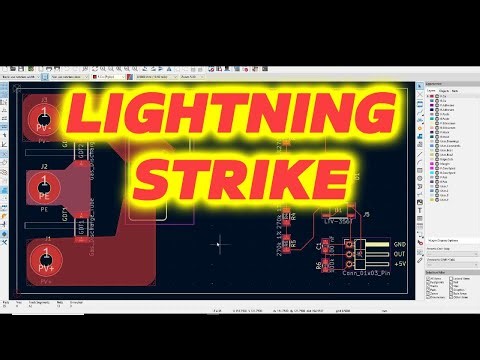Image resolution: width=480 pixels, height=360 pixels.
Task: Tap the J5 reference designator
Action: (x=366, y=214)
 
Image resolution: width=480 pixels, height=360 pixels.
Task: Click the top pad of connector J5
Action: (x=349, y=244)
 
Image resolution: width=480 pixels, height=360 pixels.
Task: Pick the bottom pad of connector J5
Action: (x=349, y=265)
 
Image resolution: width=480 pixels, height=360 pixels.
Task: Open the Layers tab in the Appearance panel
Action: (x=431, y=91)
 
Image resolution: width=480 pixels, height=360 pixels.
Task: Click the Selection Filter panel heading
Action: (x=440, y=271)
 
